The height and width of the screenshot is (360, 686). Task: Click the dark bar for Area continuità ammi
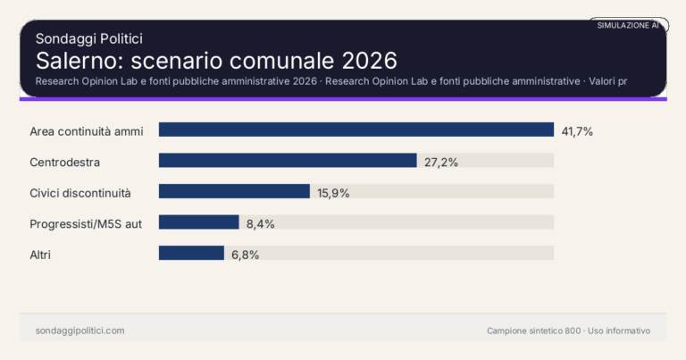[x=356, y=130]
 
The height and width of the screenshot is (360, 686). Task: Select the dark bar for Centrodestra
[x=288, y=161]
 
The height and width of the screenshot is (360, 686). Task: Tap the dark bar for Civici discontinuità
[x=234, y=191]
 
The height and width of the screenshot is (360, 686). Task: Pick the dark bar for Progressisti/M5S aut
[x=199, y=222]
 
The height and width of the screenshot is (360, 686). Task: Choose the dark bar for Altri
[x=191, y=253]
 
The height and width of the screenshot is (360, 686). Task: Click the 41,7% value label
[x=577, y=130]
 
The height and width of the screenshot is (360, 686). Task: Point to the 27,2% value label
[x=441, y=162]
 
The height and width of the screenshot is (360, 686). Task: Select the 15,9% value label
[x=334, y=192]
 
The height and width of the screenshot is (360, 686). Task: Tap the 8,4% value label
[x=260, y=223]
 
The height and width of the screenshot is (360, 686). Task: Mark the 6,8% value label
[x=245, y=255]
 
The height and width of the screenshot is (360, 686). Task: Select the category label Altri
[x=40, y=255]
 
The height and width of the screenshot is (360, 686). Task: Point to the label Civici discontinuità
[x=80, y=192]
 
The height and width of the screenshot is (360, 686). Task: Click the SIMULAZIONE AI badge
[x=628, y=25]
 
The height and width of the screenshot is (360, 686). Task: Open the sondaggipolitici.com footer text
[x=79, y=331]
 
